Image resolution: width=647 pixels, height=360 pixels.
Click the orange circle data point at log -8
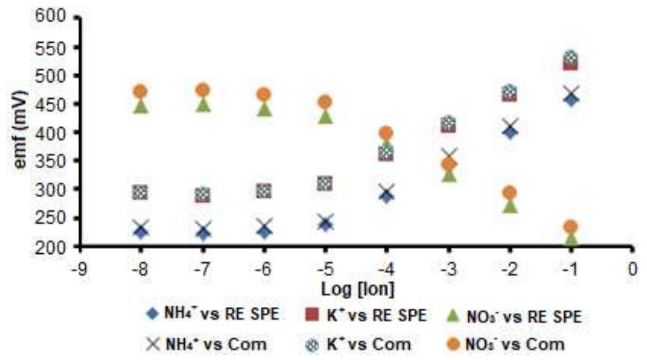[x=140, y=91]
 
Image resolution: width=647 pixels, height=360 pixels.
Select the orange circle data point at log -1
[x=570, y=227]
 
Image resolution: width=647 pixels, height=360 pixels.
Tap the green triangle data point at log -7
[x=202, y=105]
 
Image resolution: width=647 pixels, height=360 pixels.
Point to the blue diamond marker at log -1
[x=570, y=99]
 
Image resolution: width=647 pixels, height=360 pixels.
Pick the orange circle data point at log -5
[x=325, y=102]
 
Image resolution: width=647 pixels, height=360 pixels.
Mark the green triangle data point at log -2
[x=509, y=206]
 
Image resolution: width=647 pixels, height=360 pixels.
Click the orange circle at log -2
[x=509, y=193]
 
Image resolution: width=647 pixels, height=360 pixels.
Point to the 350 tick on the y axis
[x=49, y=161]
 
